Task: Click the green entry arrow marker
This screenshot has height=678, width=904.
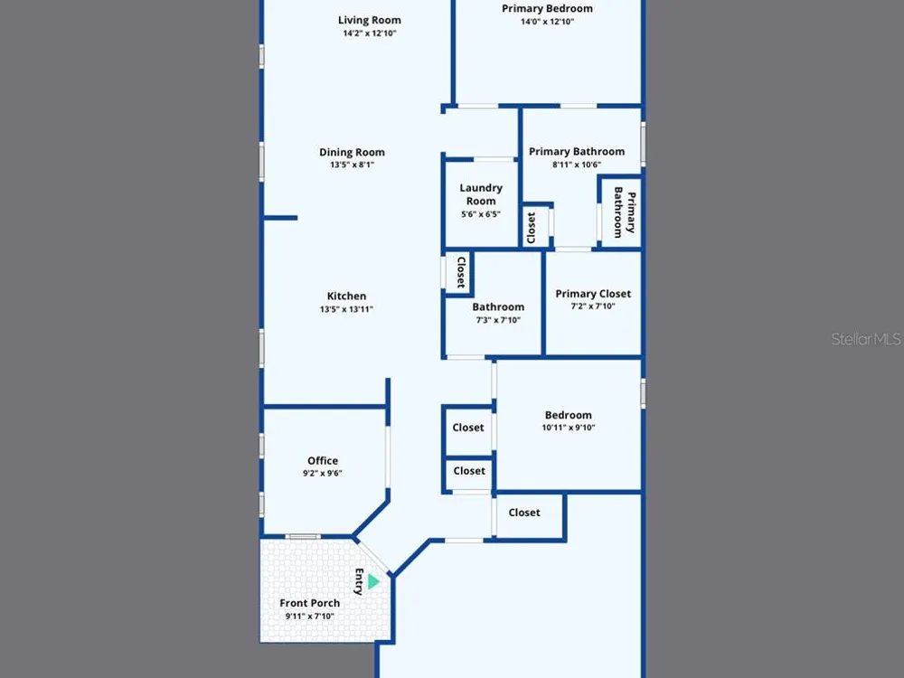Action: tap(373, 581)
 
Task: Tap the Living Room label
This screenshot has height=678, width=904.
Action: tap(370, 20)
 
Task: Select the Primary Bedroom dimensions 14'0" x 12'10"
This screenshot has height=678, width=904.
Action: tap(547, 22)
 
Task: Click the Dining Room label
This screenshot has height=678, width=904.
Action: tap(352, 152)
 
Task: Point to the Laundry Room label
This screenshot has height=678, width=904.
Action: tap(481, 194)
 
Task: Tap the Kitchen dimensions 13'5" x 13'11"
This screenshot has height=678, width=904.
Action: tap(346, 309)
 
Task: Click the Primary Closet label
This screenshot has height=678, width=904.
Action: tap(593, 294)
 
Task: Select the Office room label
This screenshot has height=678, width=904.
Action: tap(323, 461)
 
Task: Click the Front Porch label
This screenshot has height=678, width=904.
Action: tap(309, 603)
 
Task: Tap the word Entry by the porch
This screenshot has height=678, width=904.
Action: tap(359, 581)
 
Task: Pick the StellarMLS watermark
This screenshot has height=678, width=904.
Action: tap(865, 339)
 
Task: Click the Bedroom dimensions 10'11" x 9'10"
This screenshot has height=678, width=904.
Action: tap(569, 428)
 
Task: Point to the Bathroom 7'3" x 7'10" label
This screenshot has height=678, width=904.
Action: tap(498, 313)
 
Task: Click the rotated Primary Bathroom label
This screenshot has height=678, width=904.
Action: tap(625, 212)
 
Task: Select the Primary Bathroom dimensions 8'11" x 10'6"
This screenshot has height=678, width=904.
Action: tap(577, 165)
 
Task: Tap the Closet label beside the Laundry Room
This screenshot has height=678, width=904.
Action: tap(531, 228)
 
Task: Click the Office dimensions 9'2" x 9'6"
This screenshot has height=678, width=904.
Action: tap(323, 474)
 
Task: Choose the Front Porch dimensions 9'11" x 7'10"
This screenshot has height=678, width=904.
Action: tap(309, 617)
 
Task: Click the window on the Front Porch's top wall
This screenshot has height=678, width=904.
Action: tap(303, 537)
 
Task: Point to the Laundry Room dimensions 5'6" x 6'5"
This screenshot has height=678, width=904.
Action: tap(481, 214)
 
